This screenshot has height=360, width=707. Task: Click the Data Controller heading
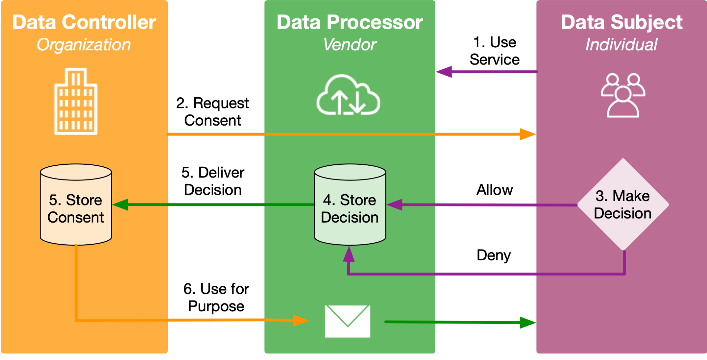84,22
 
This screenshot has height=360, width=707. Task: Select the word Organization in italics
84,45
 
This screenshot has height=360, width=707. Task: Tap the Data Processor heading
350,22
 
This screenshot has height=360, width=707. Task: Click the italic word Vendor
350,45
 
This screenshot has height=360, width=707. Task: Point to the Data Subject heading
621,22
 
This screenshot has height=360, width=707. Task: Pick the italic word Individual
621,45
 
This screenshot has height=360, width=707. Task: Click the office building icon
76,101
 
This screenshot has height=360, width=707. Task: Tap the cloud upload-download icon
348,95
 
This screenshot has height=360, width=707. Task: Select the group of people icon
623,96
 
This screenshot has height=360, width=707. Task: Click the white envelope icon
348,321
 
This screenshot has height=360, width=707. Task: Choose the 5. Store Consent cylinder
76,205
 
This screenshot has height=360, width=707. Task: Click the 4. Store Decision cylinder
350,205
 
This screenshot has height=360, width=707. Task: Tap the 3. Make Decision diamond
623,204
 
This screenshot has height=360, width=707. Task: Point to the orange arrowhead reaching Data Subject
528,134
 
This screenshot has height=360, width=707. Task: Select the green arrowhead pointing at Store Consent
120,205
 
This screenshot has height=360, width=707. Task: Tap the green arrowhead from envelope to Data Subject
528,323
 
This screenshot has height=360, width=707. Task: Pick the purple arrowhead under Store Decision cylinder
349,255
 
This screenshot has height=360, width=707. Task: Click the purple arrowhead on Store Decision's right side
395,205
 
